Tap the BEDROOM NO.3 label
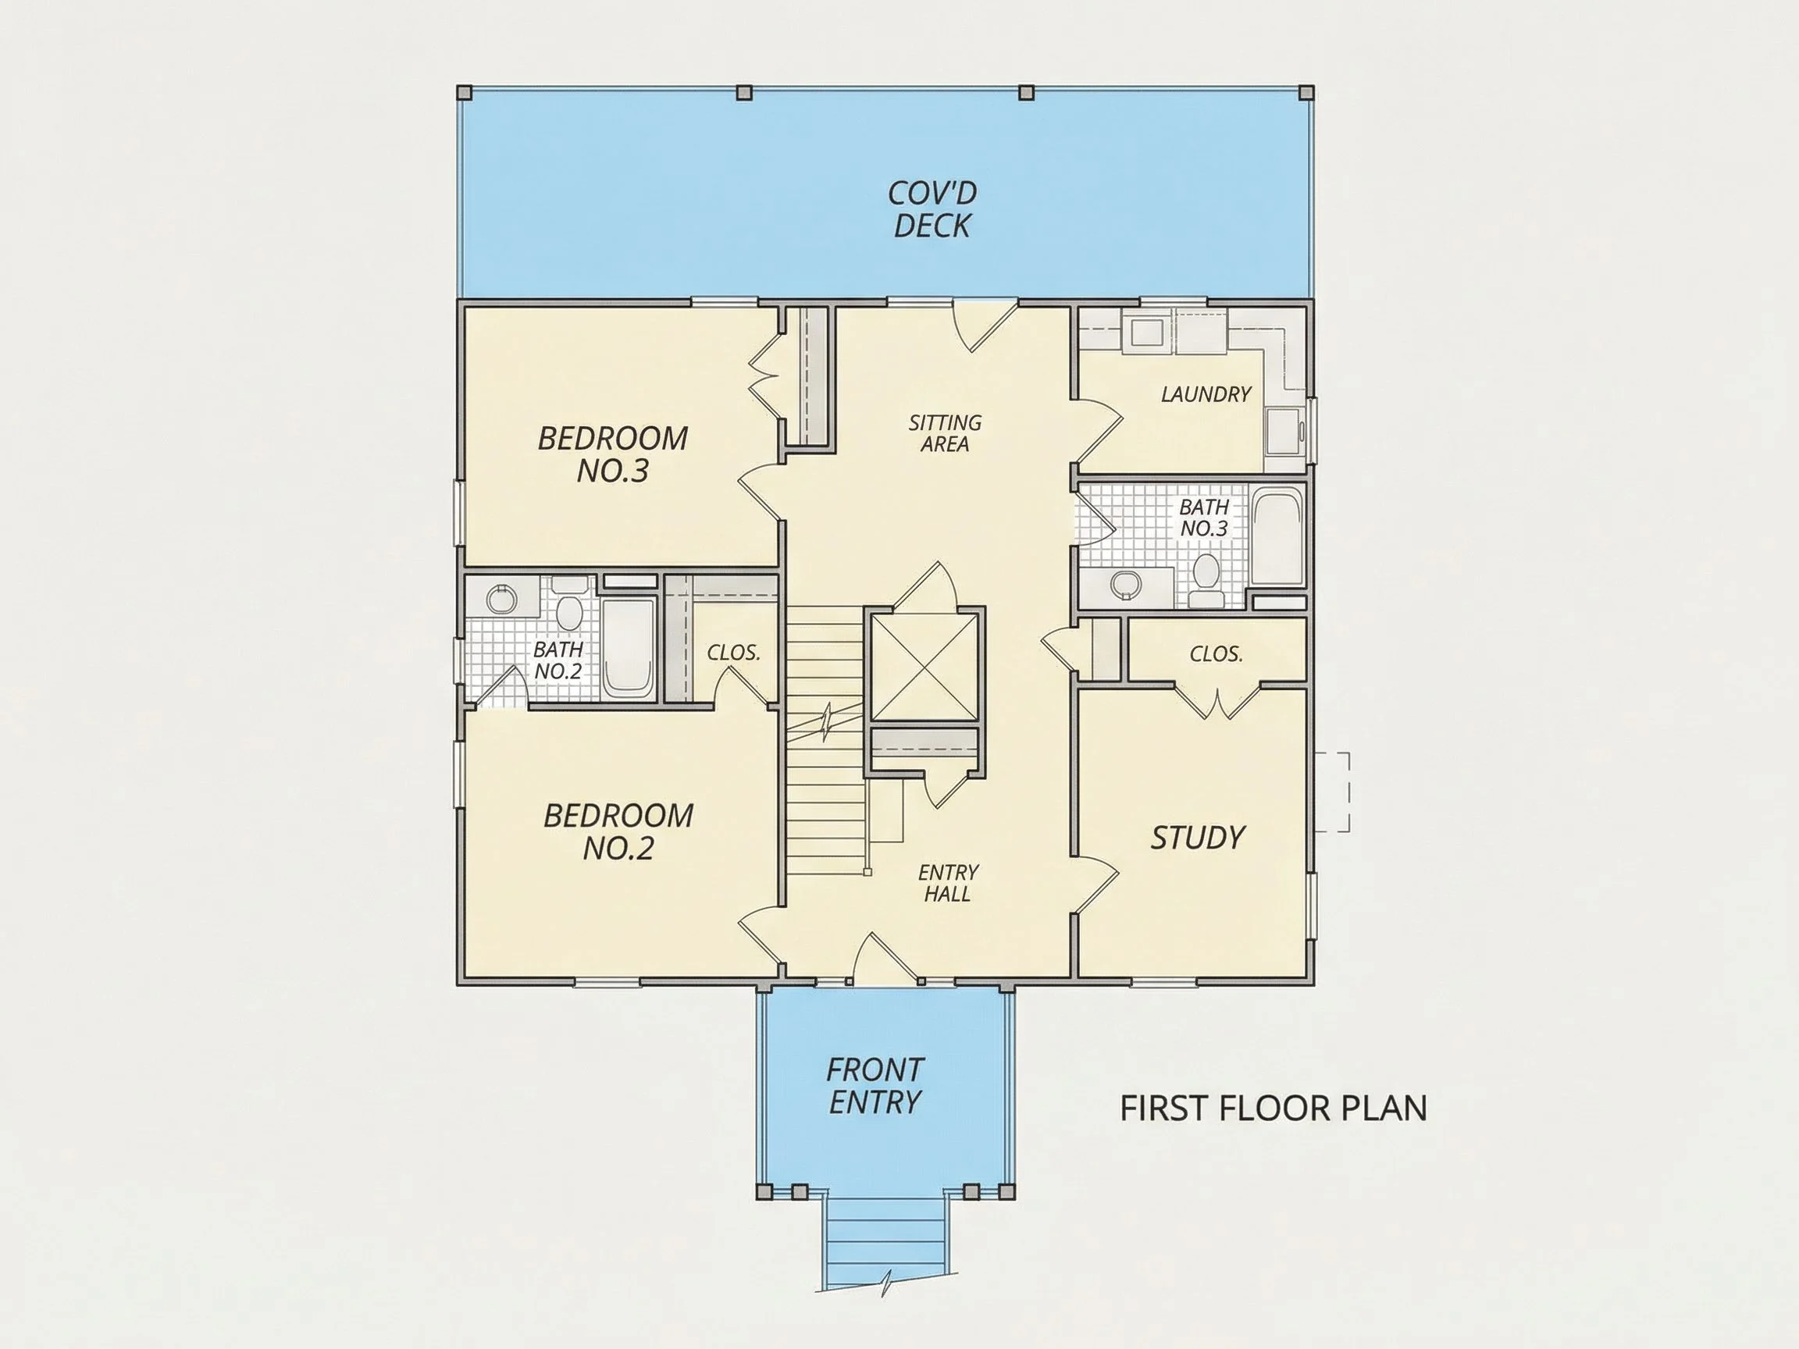[612, 454]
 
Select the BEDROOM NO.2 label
[618, 831]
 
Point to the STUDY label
[1197, 838]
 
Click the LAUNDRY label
[1206, 394]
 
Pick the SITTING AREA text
[945, 433]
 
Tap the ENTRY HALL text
[947, 883]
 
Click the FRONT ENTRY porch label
[875, 1086]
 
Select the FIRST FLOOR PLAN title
[1274, 1109]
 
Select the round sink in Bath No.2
[502, 600]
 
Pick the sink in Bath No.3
[1126, 583]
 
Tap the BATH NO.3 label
[1204, 518]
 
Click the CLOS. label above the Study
[1216, 654]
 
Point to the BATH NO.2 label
[558, 660]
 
